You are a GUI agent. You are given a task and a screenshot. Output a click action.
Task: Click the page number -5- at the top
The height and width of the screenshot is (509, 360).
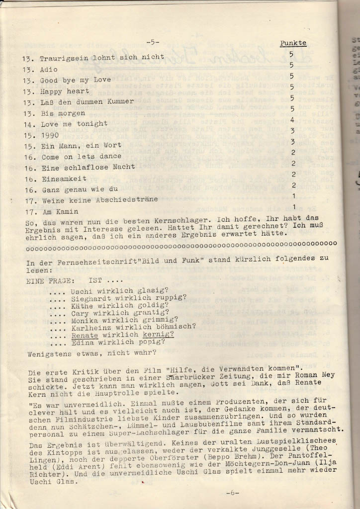(x=153, y=41)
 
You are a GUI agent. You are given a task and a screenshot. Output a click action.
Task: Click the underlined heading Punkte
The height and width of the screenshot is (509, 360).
(x=293, y=43)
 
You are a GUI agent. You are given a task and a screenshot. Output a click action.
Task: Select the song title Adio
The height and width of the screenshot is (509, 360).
(x=49, y=69)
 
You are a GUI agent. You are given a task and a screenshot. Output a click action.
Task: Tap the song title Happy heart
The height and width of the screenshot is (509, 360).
(x=65, y=91)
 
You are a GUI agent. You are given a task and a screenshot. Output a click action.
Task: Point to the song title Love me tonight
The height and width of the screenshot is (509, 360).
(x=74, y=123)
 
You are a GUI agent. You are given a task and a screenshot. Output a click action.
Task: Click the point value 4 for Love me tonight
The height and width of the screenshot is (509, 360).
(x=293, y=120)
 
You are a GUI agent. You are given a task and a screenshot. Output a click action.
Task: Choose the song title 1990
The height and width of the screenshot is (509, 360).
(x=50, y=135)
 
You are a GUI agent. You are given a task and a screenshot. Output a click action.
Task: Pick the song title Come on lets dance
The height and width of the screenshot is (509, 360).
(x=74, y=157)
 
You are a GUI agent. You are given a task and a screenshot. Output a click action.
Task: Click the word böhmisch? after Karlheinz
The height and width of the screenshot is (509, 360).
(x=175, y=327)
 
